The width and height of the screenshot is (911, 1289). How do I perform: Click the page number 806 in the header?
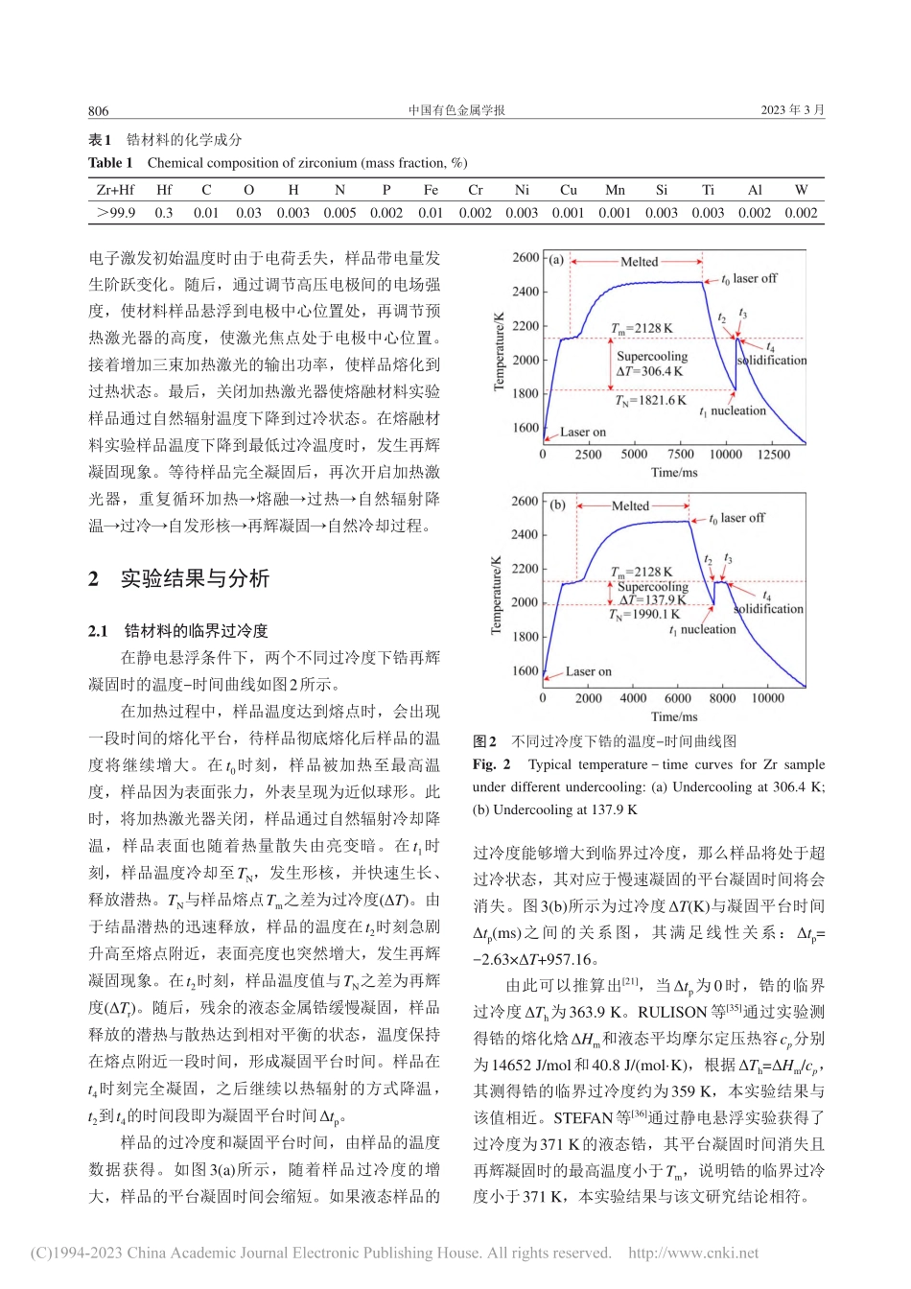click(x=99, y=110)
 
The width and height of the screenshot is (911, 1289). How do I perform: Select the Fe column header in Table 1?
click(x=431, y=190)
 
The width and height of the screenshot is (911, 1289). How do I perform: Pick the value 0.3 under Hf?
click(x=164, y=213)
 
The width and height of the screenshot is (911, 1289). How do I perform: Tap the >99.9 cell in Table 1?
click(x=116, y=213)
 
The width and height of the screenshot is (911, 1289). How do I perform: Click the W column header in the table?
click(x=801, y=190)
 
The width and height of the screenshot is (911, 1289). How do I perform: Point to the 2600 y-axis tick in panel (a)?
click(x=526, y=257)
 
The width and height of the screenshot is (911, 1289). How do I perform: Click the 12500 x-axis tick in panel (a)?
click(x=773, y=455)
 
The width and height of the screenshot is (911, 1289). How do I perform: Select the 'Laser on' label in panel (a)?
click(x=583, y=432)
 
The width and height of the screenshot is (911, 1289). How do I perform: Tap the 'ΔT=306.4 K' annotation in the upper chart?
click(x=649, y=371)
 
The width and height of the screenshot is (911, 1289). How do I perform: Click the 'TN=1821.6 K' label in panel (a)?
click(x=650, y=400)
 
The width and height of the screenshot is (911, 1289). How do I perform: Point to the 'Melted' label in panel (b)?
click(x=630, y=505)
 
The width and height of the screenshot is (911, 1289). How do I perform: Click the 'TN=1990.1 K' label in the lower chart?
click(x=643, y=615)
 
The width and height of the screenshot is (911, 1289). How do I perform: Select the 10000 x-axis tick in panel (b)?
click(x=767, y=698)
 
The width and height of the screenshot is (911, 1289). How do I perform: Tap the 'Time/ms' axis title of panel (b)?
click(x=674, y=716)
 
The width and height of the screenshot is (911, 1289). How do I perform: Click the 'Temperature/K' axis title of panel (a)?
click(x=499, y=351)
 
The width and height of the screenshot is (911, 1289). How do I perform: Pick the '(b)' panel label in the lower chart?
click(x=557, y=504)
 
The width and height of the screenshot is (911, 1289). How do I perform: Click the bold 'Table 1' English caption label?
click(x=110, y=163)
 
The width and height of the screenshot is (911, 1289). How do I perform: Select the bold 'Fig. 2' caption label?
click(x=492, y=764)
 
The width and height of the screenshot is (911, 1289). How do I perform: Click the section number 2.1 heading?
click(x=98, y=630)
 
